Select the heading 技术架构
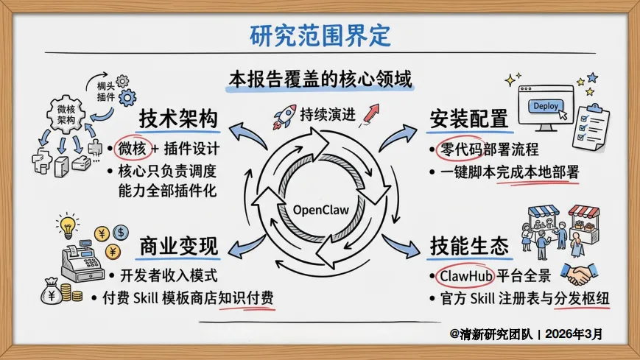tap(179, 119)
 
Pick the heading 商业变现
tap(179, 247)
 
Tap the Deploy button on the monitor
tap(546, 106)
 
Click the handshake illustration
tap(583, 275)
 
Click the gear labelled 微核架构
tap(66, 113)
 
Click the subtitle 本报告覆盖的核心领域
tap(320, 78)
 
